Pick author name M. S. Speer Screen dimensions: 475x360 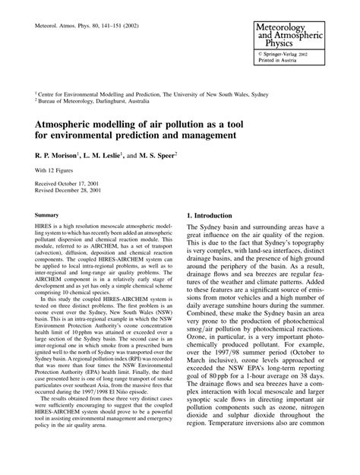[159, 155]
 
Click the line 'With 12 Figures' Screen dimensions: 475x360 [51, 172]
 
